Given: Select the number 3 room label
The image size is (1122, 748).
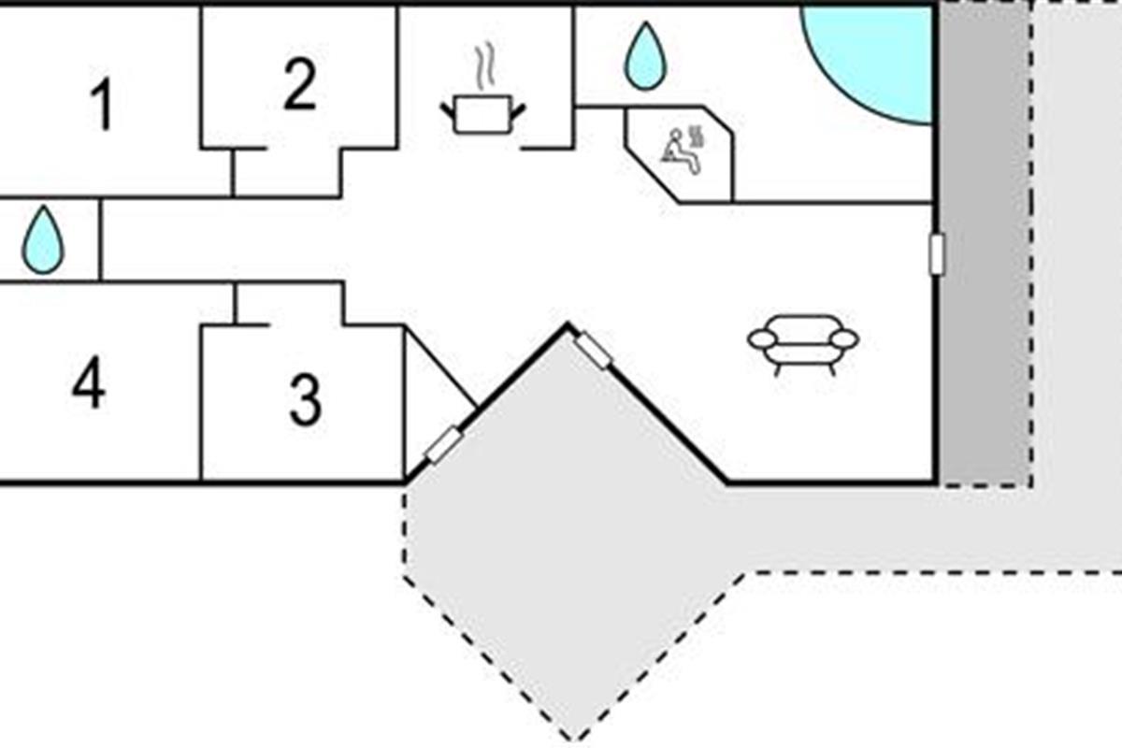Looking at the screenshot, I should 305,399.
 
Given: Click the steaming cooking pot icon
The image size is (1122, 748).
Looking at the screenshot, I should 482,114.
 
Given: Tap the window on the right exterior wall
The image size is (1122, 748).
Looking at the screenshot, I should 937,254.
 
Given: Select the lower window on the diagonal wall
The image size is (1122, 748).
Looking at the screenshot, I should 442,444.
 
